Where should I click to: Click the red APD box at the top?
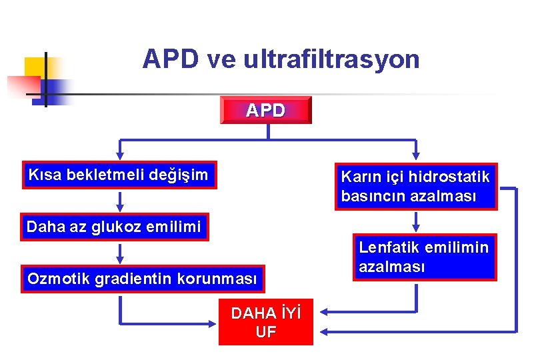click(265, 110)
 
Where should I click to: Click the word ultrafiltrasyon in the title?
click(332, 60)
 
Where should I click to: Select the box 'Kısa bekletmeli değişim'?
click(119, 175)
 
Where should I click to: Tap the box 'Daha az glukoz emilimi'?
click(114, 227)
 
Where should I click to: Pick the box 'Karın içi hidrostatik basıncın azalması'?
click(415, 187)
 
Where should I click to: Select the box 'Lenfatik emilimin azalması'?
click(424, 257)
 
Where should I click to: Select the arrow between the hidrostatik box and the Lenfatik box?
click(416, 222)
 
